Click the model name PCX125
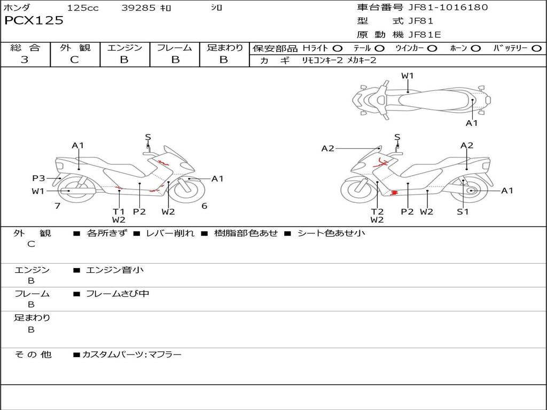coord(34,21)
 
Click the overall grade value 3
coord(25,60)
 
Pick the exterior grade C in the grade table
coord(74,60)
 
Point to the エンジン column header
coord(124,48)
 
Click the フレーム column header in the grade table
coord(175,48)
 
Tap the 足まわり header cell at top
coord(224,48)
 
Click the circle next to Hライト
coord(338,49)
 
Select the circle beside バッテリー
coord(536,49)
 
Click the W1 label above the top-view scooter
coord(408,76)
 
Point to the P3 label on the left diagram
coord(38,178)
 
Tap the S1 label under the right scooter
coord(463,211)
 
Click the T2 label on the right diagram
coord(377,211)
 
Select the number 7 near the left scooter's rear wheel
coord(57,206)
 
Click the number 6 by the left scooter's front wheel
coord(204,206)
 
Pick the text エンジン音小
coord(115,270)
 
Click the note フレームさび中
coord(118,294)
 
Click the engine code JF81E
coord(425,35)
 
